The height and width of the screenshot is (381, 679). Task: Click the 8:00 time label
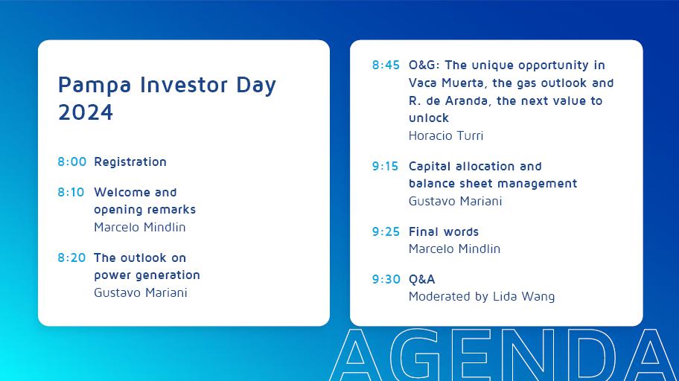[x=72, y=162]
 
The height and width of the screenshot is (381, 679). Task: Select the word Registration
[x=130, y=162]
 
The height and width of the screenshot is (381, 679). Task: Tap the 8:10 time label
[x=71, y=192]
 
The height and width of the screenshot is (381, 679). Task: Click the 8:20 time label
[x=72, y=257]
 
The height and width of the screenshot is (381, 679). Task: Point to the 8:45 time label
[x=386, y=65]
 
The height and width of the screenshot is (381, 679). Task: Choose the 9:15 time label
[x=385, y=166]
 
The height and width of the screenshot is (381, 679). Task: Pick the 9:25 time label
[x=386, y=231]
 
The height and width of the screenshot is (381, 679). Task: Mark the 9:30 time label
[x=386, y=279]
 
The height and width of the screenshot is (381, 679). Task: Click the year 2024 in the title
[x=86, y=112]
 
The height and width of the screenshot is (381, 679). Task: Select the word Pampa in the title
[x=95, y=86]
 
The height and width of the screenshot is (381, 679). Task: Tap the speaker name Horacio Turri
[x=446, y=136]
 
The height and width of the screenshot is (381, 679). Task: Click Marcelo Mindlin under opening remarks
[x=140, y=227]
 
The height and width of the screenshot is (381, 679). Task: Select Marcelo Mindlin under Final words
[x=455, y=249]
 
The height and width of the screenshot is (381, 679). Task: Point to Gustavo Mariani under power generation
[x=141, y=292]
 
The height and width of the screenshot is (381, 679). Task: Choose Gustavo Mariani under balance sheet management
[x=456, y=202]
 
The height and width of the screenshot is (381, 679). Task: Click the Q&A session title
[x=422, y=279]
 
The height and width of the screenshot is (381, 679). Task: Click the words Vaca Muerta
[x=447, y=83]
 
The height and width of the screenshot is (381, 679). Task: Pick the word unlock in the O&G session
[x=429, y=118]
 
